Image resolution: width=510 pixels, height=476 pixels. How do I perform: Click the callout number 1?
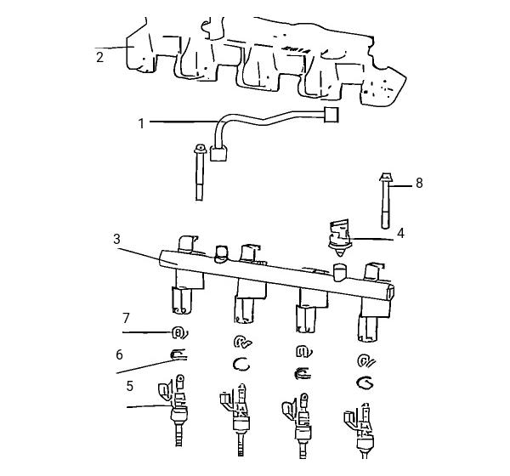tap(141, 123)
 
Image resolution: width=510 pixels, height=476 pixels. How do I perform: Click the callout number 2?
tap(99, 57)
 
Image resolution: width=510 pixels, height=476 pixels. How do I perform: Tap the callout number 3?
tap(116, 239)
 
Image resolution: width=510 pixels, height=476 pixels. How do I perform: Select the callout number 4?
tap(400, 233)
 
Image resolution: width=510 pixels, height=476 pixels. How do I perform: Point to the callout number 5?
tap(130, 386)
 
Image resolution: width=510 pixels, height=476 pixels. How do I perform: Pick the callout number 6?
tap(119, 354)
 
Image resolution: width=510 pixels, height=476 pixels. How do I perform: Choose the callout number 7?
tap(126, 318)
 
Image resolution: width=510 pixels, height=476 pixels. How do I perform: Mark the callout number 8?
tap(419, 184)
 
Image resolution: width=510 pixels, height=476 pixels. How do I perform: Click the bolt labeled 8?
tap(385, 201)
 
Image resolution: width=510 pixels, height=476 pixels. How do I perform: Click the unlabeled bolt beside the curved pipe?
tap(200, 173)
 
